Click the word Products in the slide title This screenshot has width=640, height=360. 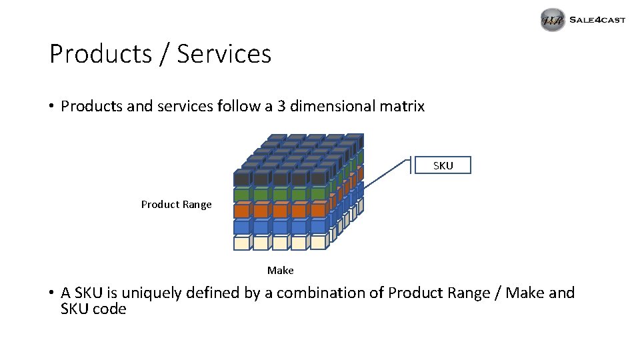click(x=99, y=54)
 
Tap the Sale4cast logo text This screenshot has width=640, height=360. click(x=597, y=20)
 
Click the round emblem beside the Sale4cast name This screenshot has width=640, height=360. click(x=553, y=21)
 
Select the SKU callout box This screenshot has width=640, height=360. click(x=442, y=165)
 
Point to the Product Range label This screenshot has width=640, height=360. click(x=176, y=205)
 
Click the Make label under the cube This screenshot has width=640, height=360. click(x=280, y=270)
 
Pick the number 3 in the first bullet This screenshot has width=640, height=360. click(x=281, y=106)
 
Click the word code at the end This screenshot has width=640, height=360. click(x=109, y=309)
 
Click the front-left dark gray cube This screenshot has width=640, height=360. click(x=242, y=179)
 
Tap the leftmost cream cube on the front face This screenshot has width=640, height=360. click(x=242, y=243)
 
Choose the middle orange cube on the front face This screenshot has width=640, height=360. click(x=280, y=211)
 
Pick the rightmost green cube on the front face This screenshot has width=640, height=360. click(x=318, y=195)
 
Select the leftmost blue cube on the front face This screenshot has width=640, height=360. click(x=242, y=227)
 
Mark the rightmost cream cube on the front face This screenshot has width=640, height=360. click(x=318, y=243)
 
